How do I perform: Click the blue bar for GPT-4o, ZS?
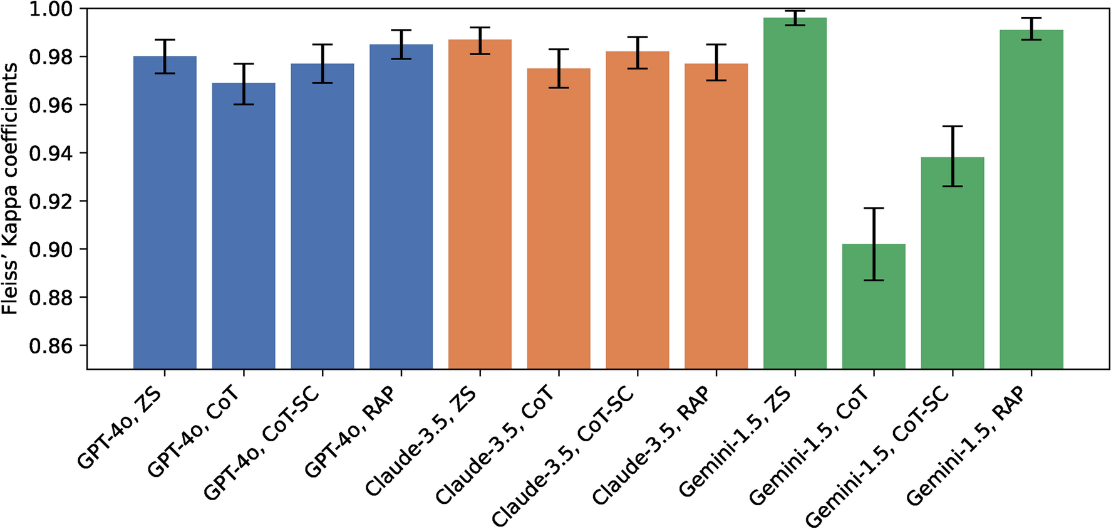pyautogui.click(x=165, y=213)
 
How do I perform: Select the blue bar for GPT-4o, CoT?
pyautogui.click(x=244, y=226)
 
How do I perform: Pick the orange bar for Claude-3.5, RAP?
pyautogui.click(x=716, y=216)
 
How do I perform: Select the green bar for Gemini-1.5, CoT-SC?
pyautogui.click(x=953, y=263)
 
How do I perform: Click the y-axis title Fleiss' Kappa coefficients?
pyautogui.click(x=10, y=188)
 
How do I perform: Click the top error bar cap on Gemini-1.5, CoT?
pyautogui.click(x=874, y=208)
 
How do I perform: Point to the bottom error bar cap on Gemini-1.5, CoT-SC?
pyautogui.click(x=953, y=186)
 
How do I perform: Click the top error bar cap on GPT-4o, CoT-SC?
pyautogui.click(x=323, y=45)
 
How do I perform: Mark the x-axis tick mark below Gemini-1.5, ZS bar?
pyautogui.click(x=795, y=373)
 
